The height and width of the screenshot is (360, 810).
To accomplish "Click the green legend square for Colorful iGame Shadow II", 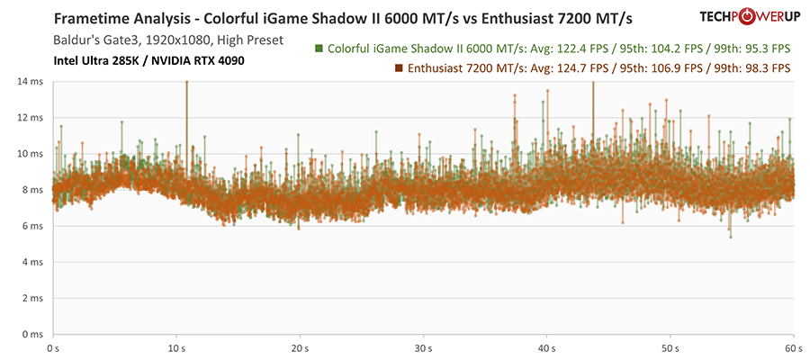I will click(319, 49).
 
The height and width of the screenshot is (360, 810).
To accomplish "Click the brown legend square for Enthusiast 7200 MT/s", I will click(399, 68).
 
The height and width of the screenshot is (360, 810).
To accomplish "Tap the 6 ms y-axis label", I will click(33, 226).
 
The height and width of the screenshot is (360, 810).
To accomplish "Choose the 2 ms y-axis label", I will click(33, 298).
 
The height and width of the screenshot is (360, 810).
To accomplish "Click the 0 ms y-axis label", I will click(33, 334).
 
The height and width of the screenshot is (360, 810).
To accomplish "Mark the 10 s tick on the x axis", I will click(176, 346).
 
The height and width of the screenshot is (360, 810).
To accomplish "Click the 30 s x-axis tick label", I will click(423, 346).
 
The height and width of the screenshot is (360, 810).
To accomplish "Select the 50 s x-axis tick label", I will click(670, 346).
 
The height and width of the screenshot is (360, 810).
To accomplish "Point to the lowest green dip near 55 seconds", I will click(731, 236).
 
